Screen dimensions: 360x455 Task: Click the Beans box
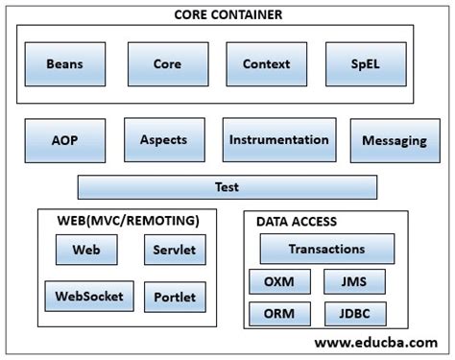[x=64, y=64]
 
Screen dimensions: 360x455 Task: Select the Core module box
[x=166, y=64]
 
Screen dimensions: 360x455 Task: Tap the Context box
[x=266, y=64]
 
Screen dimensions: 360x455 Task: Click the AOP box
[x=64, y=140]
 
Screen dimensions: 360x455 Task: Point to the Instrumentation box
[x=278, y=140]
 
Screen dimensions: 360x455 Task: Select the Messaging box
[x=395, y=141]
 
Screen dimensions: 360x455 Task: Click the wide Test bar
[x=227, y=187]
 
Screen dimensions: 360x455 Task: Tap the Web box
[x=86, y=251]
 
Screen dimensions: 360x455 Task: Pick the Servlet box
[x=174, y=251]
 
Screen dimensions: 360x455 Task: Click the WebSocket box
[x=88, y=296]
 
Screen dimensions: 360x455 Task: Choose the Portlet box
[x=174, y=297]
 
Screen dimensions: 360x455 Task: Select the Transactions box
[x=326, y=250]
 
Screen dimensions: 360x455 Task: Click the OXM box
[x=279, y=282]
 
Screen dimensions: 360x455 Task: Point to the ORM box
[x=279, y=314]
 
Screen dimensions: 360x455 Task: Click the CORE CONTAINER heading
[x=227, y=14]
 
